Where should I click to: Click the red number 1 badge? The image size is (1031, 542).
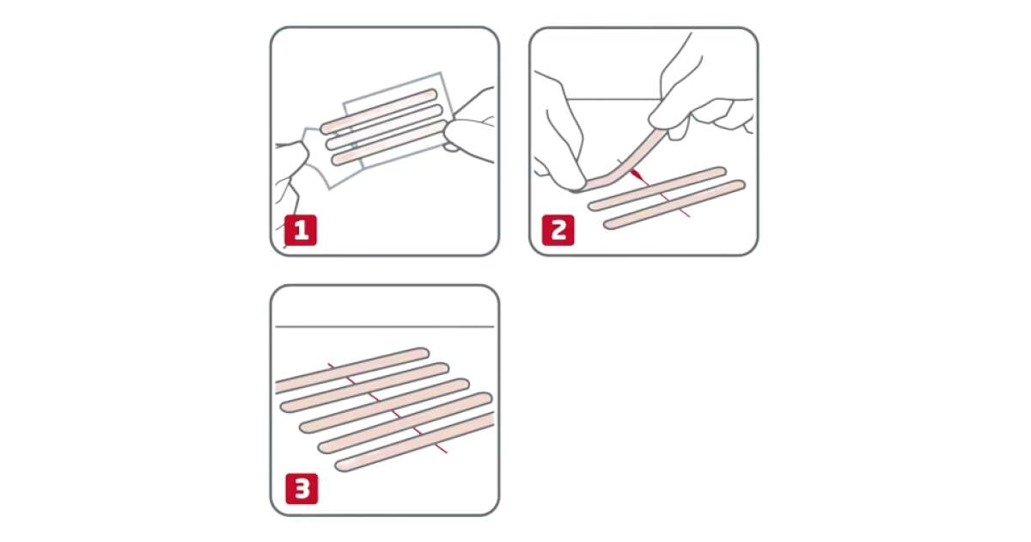point(301,230)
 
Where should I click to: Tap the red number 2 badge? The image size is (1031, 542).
point(558,230)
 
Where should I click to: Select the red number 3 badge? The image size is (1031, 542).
point(302,489)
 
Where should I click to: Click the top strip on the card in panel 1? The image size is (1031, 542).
point(378,111)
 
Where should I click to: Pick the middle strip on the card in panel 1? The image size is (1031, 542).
point(384,127)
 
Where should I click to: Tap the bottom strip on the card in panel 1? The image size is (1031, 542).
point(389,143)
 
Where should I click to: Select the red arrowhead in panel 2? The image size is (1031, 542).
point(636,175)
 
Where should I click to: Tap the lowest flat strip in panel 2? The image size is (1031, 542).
point(674,205)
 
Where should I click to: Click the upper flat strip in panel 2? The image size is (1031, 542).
point(657,189)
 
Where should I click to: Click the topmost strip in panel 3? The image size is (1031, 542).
point(352,371)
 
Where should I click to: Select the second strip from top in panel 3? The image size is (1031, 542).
point(364,387)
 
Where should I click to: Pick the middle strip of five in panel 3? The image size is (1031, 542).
point(384,405)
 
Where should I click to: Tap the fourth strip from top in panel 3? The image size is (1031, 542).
point(405,423)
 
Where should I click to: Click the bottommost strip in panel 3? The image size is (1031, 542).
point(415,441)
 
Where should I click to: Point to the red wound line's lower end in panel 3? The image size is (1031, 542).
point(447,453)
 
